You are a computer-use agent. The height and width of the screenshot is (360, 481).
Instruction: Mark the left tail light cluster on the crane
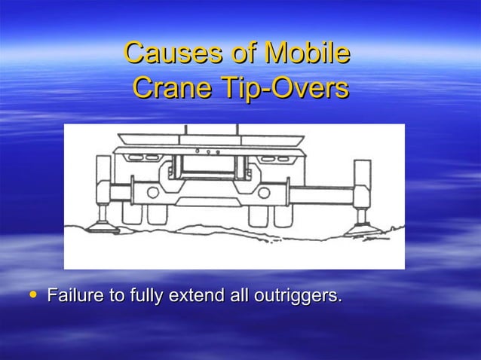138,158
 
